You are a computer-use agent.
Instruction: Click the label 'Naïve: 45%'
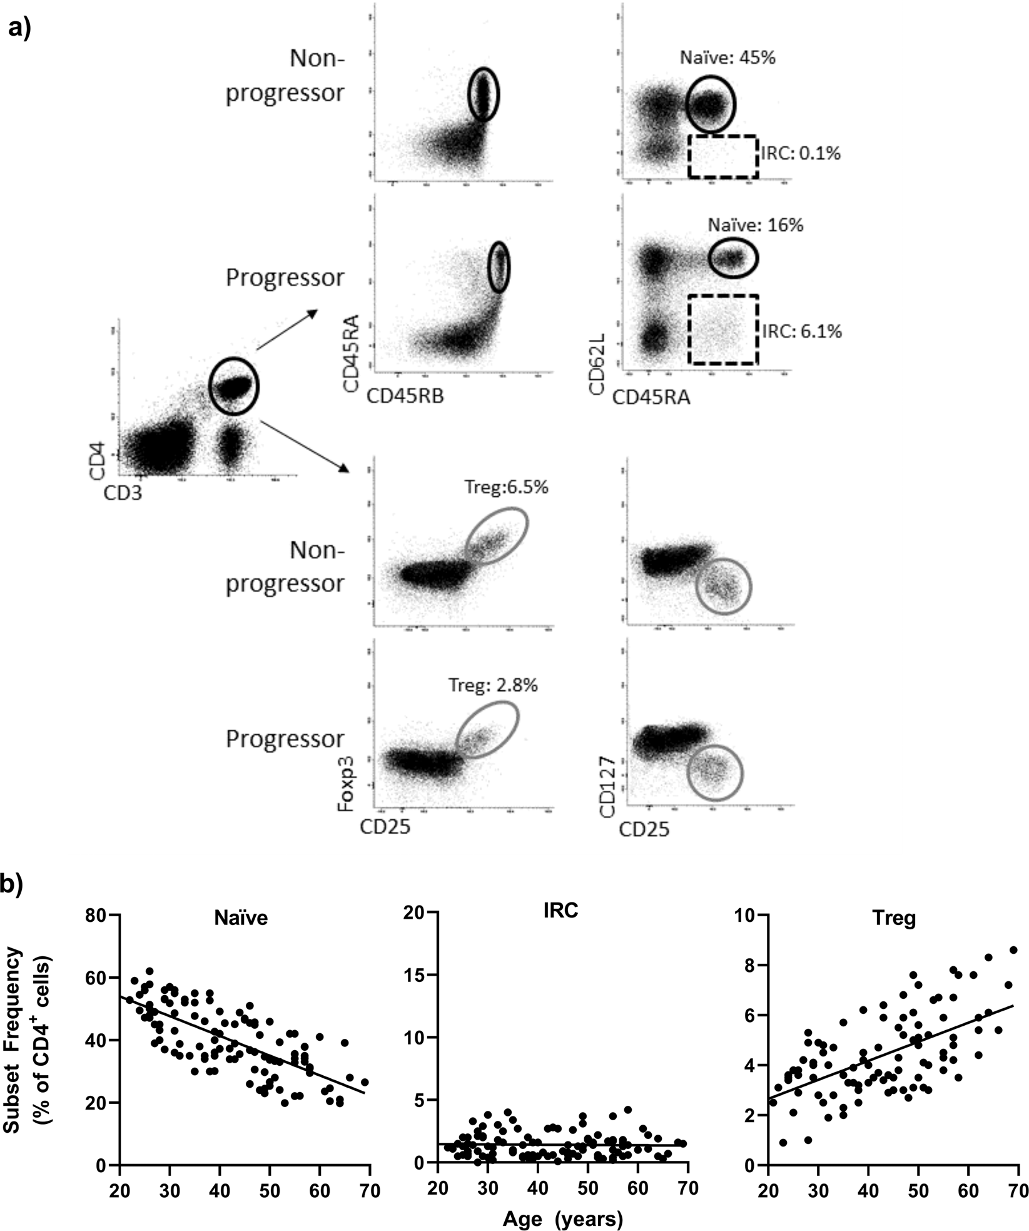click(x=727, y=58)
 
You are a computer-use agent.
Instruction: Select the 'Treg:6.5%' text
click(x=506, y=487)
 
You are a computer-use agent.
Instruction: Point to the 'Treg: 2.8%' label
click(x=493, y=685)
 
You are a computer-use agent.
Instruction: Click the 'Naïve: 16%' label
click(x=755, y=225)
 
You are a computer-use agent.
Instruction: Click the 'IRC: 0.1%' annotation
click(x=800, y=153)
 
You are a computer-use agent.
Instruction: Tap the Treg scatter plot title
click(x=893, y=918)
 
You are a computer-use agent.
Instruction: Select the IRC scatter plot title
click(x=560, y=911)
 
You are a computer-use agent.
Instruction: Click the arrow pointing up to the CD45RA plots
click(x=286, y=328)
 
